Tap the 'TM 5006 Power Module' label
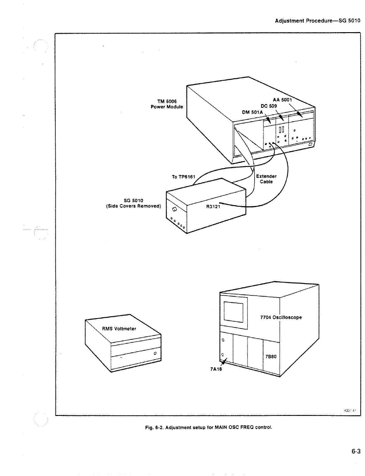[x=167, y=104]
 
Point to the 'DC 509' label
[x=269, y=106]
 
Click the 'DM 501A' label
[x=252, y=112]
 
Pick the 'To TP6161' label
[x=183, y=177]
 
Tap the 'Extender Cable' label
[x=266, y=179]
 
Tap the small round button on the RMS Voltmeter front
[x=155, y=353]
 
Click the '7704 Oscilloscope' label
[x=281, y=317]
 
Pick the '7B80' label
[x=271, y=356]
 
